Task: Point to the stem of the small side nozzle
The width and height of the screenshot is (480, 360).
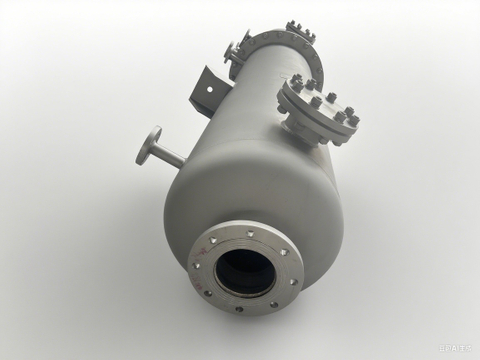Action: (x=169, y=154)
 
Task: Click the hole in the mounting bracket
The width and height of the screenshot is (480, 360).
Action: (x=211, y=87)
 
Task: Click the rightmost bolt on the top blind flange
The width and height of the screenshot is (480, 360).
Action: (x=352, y=121)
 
